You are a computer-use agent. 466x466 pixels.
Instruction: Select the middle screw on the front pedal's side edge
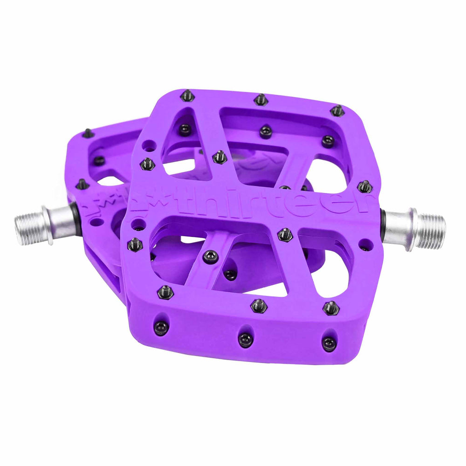coord(246,340)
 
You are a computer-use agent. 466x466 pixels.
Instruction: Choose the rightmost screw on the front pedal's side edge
coord(329,343)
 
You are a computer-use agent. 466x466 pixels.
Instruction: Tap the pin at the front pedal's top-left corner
coord(188,96)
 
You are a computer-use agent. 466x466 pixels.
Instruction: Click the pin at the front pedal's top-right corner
coord(337,110)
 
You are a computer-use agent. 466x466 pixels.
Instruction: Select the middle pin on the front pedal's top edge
coord(261,99)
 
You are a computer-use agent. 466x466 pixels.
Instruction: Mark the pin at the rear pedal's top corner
coord(88,134)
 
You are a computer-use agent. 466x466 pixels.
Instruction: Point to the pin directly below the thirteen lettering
coord(285,235)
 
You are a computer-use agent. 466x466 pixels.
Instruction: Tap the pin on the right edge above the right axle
coord(364,186)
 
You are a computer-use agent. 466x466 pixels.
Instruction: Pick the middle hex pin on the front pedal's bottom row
coord(259,306)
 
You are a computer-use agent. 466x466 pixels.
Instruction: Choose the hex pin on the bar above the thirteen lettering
coord(220,157)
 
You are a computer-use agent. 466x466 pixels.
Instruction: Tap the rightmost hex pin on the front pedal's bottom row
coord(331,308)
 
